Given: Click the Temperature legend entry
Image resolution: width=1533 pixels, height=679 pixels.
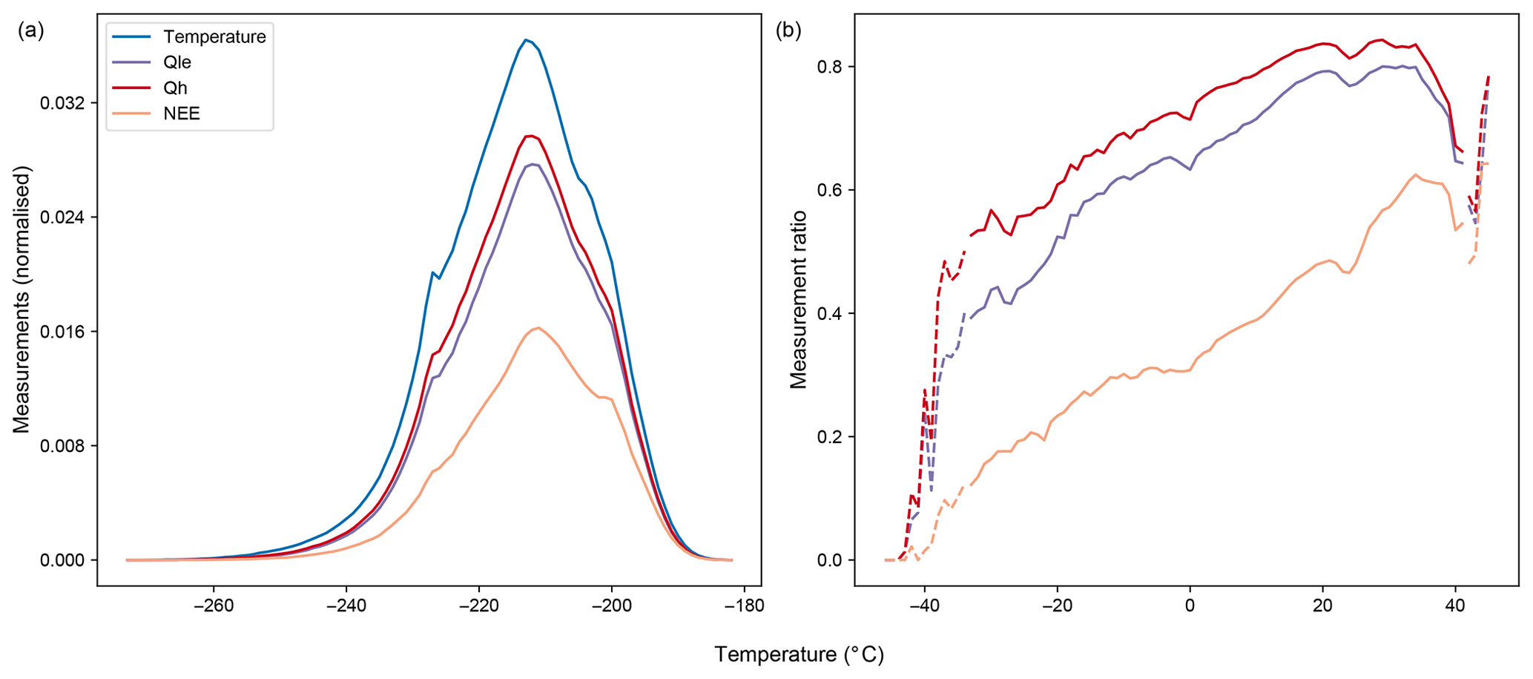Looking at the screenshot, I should click(x=214, y=36).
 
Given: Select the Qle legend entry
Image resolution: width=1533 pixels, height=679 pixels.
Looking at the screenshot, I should click(x=177, y=62).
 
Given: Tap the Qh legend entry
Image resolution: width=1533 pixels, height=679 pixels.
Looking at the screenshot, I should click(x=175, y=88).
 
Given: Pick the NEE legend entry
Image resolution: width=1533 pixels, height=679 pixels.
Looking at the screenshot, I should click(x=182, y=114).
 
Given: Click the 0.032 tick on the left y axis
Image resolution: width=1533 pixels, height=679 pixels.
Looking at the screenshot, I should click(x=62, y=103).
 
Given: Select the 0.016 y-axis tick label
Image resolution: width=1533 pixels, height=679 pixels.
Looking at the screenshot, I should click(x=62, y=332).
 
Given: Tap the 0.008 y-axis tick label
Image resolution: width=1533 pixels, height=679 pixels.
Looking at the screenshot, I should click(x=62, y=446).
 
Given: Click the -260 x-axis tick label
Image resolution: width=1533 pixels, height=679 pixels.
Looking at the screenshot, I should click(x=214, y=605).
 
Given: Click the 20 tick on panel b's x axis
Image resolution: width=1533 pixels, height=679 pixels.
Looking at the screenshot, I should click(x=1322, y=605).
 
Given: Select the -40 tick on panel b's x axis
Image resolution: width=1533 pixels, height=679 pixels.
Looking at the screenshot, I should click(x=924, y=605).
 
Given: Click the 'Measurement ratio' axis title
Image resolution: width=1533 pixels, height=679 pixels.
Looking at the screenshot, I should click(x=799, y=300).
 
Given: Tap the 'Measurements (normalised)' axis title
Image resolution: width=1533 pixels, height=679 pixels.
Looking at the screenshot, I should click(x=22, y=300).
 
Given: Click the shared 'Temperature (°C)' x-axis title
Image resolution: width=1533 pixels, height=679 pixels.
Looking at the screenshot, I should click(x=799, y=655).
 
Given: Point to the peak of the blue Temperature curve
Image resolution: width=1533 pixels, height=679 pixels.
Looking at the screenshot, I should click(x=525, y=40).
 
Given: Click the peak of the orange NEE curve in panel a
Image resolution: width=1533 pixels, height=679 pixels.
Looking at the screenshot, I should click(x=538, y=327).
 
